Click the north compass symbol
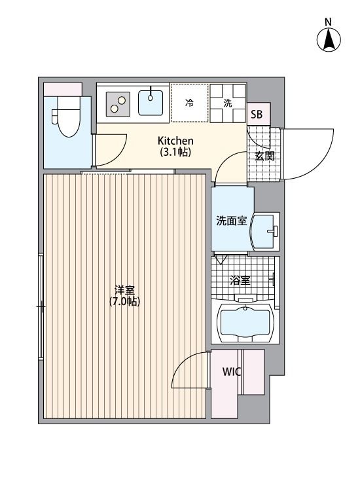click(x=329, y=40)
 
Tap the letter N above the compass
click(x=328, y=22)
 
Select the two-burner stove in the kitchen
click(x=118, y=104)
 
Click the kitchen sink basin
click(x=151, y=103)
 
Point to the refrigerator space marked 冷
click(x=189, y=103)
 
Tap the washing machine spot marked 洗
click(x=228, y=103)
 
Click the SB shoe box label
click(x=257, y=115)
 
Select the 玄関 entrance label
click(x=264, y=156)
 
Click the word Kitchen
click(x=175, y=141)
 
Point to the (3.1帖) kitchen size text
click(x=175, y=152)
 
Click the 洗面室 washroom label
click(x=231, y=221)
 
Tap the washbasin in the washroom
click(x=265, y=232)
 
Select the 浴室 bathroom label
click(x=240, y=280)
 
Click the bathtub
click(x=245, y=321)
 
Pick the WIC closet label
click(x=232, y=372)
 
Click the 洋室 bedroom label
click(x=124, y=290)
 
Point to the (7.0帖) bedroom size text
click(x=124, y=302)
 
